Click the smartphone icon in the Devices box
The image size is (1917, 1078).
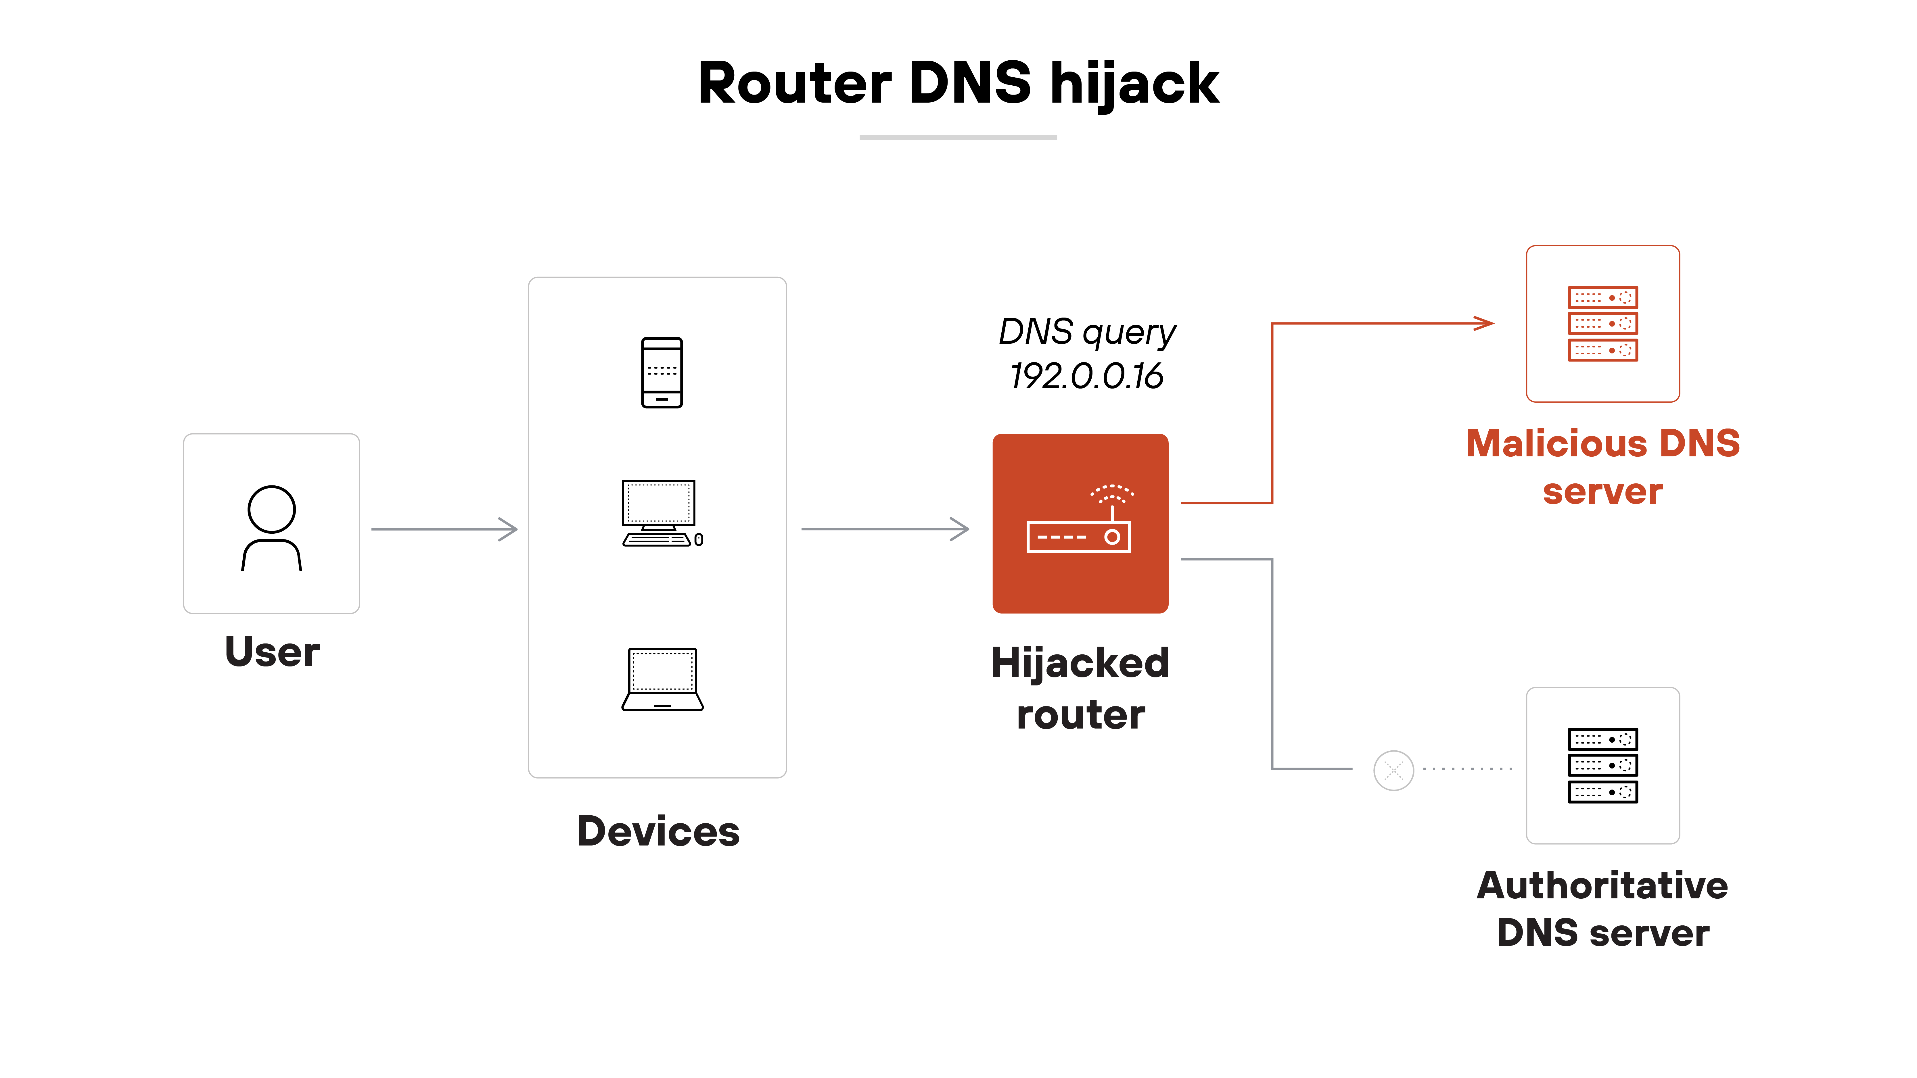(662, 373)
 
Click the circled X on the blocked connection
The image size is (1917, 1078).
(1393, 770)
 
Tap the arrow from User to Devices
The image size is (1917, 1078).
(444, 529)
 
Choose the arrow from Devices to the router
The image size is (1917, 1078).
(885, 529)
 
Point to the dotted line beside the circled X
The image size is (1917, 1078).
(1468, 768)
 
